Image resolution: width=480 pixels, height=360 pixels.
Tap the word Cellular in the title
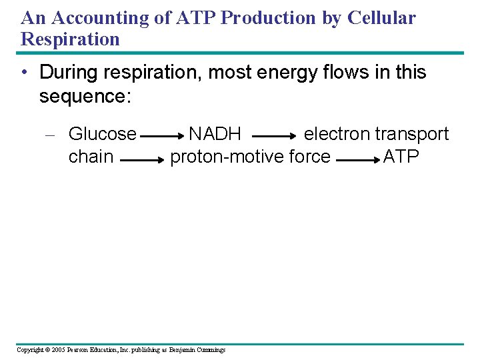click(381, 18)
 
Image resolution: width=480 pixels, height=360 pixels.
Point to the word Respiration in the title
click(70, 39)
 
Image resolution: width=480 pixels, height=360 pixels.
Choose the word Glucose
click(103, 134)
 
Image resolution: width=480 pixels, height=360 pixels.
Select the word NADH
click(215, 134)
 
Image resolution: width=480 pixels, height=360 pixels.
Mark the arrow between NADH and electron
click(275, 136)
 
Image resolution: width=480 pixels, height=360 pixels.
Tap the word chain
click(91, 157)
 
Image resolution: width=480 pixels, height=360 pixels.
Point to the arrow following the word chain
click(142, 160)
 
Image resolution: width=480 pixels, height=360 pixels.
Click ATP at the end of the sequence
click(401, 157)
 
